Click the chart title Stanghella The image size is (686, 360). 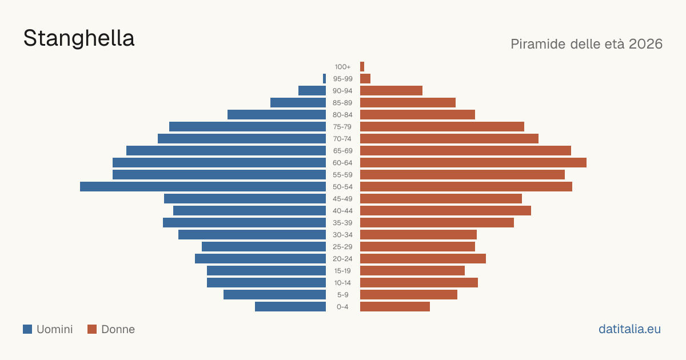click(x=79, y=39)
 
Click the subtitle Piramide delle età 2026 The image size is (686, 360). click(x=587, y=44)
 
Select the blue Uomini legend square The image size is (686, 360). click(x=27, y=329)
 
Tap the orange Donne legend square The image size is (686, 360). click(x=92, y=329)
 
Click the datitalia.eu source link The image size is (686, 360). click(x=629, y=329)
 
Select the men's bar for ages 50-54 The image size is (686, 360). click(x=203, y=187)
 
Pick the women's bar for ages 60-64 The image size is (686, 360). click(x=473, y=162)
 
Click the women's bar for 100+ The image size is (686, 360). click(x=362, y=67)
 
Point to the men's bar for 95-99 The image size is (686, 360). click(x=324, y=79)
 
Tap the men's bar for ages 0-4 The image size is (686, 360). click(x=290, y=307)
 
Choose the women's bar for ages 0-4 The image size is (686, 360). click(x=395, y=307)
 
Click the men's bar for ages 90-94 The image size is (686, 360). click(x=312, y=91)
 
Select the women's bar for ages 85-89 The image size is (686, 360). click(x=408, y=102)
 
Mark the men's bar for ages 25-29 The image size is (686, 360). click(x=264, y=247)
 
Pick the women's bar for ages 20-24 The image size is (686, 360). click(x=423, y=259)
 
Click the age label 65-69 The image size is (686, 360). click(x=342, y=151)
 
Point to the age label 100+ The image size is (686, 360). click(x=342, y=67)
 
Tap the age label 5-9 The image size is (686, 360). click(x=342, y=295)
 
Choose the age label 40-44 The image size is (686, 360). click(x=342, y=211)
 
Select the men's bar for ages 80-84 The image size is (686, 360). click(x=277, y=115)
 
